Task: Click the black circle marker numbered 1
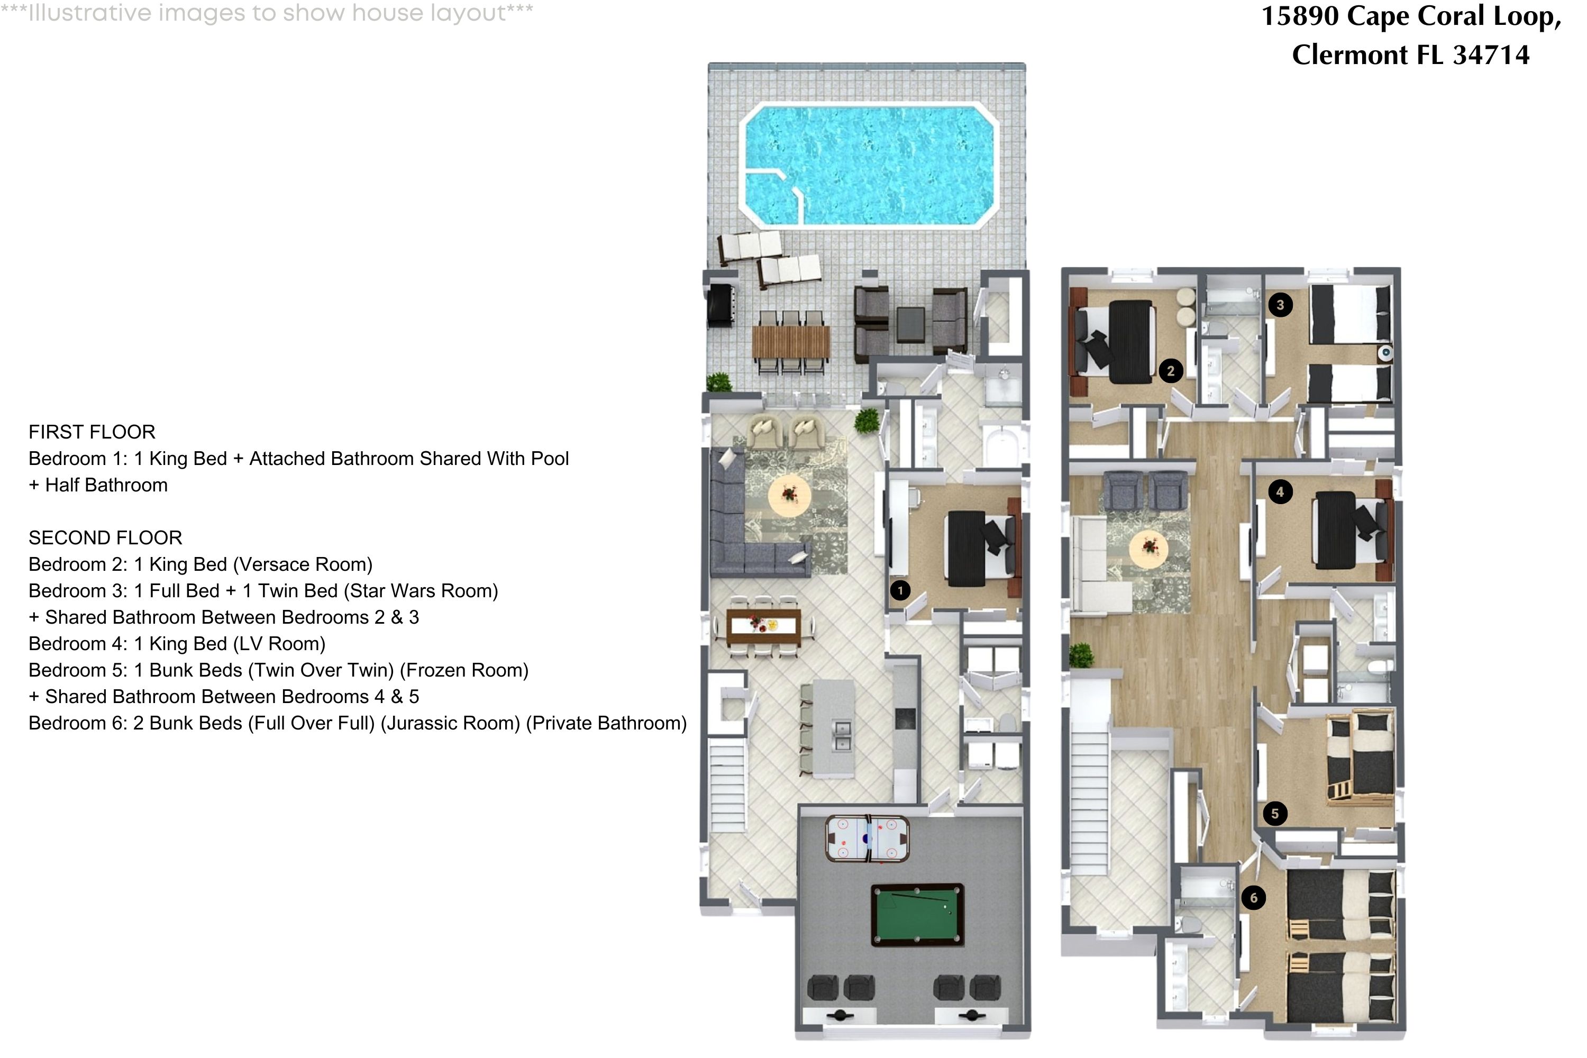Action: pos(900,590)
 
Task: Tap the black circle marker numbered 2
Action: pos(1171,370)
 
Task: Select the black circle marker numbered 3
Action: pos(1280,305)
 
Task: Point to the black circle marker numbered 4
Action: pos(1280,492)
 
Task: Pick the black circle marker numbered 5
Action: pos(1274,813)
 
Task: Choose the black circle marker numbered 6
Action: pos(1254,897)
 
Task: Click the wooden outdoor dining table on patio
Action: pos(791,342)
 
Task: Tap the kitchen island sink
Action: pos(842,735)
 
